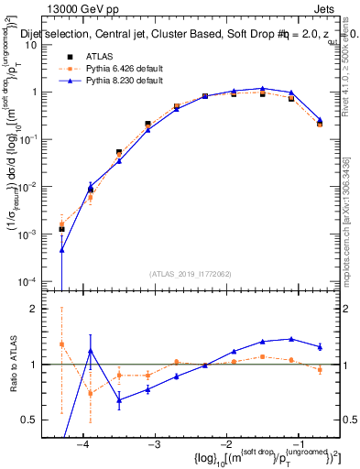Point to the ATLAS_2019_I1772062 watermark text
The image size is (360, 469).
tap(189, 273)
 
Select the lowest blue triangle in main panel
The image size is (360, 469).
tap(61, 249)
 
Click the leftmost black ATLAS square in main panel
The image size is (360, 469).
tap(61, 229)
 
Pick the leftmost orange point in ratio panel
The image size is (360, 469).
tap(61, 344)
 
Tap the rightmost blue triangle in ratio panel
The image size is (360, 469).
tap(320, 346)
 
